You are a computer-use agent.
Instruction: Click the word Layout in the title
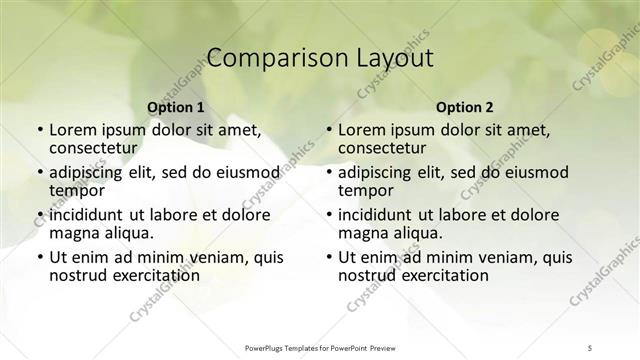tap(395, 58)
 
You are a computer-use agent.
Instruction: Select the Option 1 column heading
tap(176, 107)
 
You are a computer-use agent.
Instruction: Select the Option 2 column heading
tap(465, 107)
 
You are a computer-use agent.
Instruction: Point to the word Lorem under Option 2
tap(362, 130)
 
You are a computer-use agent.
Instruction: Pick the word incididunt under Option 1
tap(86, 215)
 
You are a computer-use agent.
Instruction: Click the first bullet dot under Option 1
tap(39, 131)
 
